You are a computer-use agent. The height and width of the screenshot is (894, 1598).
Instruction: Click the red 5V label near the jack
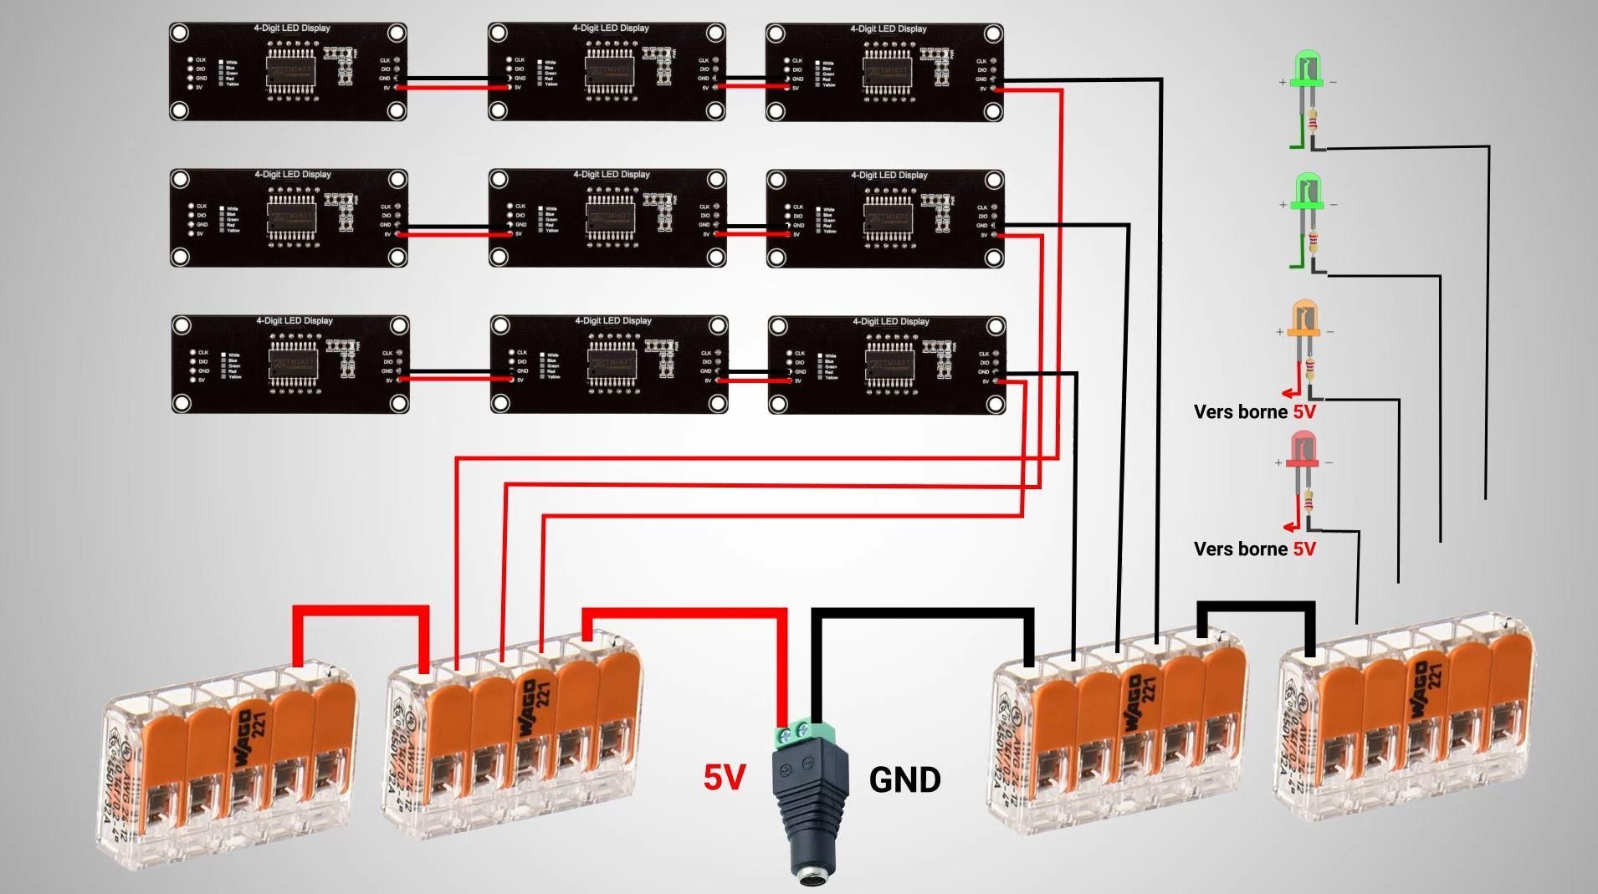[724, 778]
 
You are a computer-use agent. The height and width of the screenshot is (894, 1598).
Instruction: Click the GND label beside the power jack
[904, 780]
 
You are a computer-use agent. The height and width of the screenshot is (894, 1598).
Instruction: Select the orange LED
[1303, 318]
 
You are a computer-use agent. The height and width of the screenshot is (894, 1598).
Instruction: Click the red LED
[1303, 449]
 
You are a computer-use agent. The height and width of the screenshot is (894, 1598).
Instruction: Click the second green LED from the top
[1307, 192]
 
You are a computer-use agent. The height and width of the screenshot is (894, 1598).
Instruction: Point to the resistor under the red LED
[1308, 502]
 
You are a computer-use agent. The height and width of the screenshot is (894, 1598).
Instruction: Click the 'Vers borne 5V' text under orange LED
[1253, 412]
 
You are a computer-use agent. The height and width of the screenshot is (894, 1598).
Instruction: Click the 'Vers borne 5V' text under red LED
[1253, 549]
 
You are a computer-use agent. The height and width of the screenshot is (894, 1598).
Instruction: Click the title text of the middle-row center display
[611, 175]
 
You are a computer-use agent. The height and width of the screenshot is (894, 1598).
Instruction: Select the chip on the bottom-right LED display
[889, 365]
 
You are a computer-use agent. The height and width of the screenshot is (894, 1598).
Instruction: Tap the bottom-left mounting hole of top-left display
[180, 110]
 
